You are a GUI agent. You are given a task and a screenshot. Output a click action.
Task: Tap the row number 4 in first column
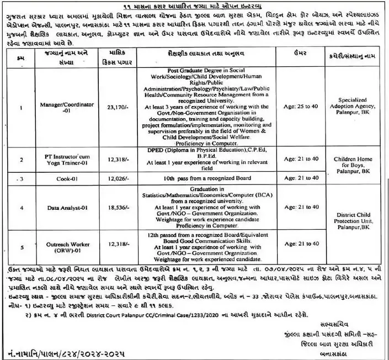tap(21, 208)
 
